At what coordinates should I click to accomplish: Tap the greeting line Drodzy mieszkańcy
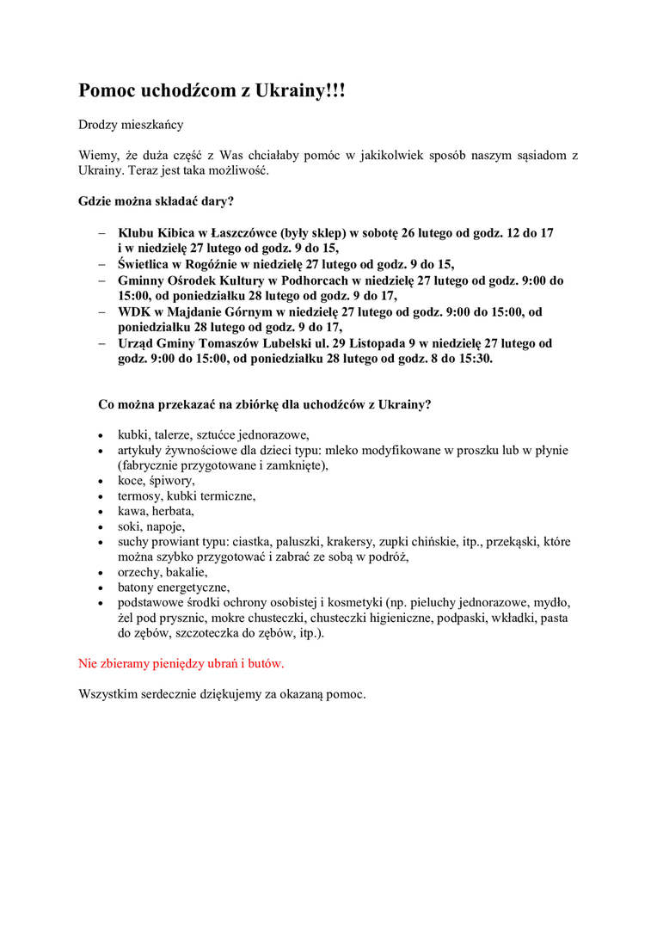[131, 125]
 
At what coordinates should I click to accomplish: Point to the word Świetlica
[148, 264]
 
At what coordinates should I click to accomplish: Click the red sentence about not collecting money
[181, 664]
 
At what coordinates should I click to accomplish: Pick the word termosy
[139, 496]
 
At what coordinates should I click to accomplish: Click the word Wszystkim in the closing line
[107, 694]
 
